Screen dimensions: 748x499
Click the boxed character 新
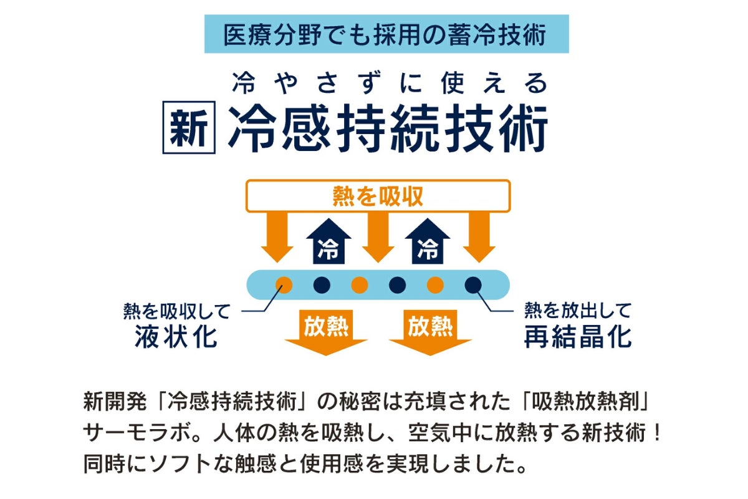click(189, 127)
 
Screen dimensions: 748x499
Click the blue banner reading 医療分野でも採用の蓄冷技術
click(386, 34)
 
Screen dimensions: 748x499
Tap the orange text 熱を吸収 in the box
click(378, 196)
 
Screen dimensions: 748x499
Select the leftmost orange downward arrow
click(277, 237)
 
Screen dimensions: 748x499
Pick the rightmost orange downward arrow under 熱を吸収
click(479, 237)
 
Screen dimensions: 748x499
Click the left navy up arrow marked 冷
click(328, 241)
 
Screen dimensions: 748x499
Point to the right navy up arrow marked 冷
click(428, 241)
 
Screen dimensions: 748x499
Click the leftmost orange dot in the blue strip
click(284, 285)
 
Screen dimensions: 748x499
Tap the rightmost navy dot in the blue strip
click(473, 285)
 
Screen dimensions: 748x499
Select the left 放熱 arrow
click(326, 332)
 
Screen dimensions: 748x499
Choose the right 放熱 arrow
click(430, 332)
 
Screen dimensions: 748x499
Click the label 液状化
click(176, 337)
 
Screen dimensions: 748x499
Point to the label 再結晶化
click(578, 337)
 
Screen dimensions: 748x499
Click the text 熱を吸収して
click(176, 311)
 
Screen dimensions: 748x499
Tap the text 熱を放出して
click(578, 311)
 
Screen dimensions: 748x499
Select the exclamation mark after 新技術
click(658, 432)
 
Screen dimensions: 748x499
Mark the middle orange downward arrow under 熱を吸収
click(378, 237)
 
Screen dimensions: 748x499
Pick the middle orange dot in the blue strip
click(360, 285)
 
